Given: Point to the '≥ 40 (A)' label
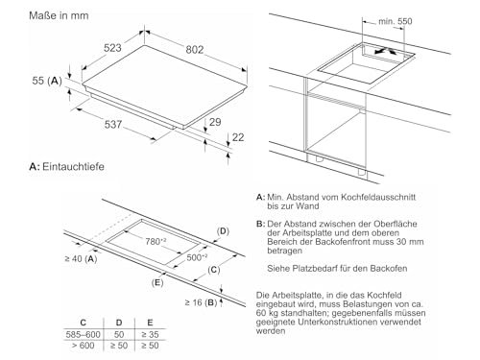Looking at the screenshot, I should pos(82,259).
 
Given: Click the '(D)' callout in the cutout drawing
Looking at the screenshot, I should pos(223,231).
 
